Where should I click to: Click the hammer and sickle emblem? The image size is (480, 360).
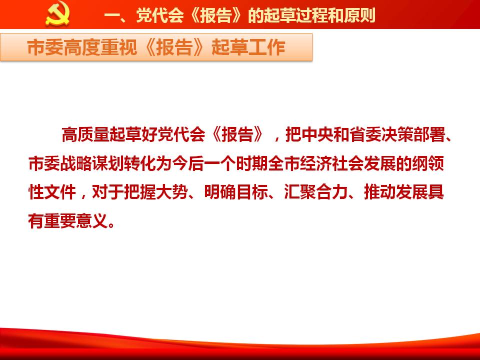pyautogui.click(x=57, y=13)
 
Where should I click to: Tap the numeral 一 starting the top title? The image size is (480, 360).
pyautogui.click(x=111, y=15)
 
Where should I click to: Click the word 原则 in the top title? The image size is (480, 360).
pyautogui.click(x=359, y=15)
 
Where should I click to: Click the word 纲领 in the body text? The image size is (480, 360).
pyautogui.click(x=428, y=163)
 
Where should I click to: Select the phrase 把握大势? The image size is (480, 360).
pyautogui.click(x=156, y=192)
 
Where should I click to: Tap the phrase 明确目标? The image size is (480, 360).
pyautogui.click(x=235, y=192)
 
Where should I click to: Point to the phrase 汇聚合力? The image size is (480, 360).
pyautogui.click(x=315, y=192)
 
